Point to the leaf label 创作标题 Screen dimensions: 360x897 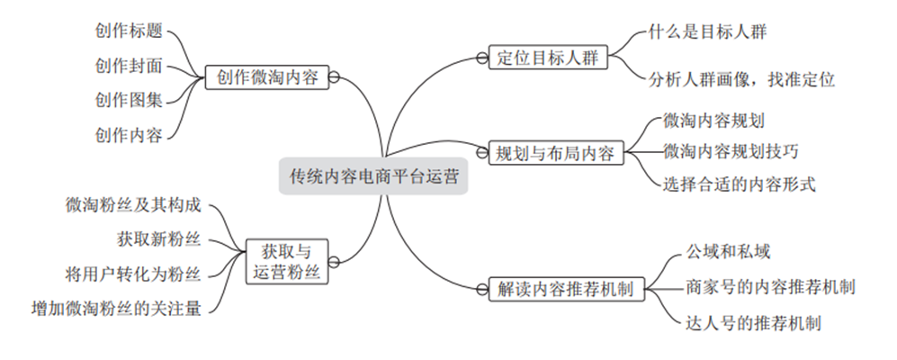[129, 30]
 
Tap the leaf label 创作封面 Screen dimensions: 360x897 [129, 65]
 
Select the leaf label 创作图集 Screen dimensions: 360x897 [129, 99]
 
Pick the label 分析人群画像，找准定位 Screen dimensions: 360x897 [742, 79]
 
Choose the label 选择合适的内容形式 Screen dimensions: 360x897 [739, 184]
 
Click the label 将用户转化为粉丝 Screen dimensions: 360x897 [134, 273]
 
